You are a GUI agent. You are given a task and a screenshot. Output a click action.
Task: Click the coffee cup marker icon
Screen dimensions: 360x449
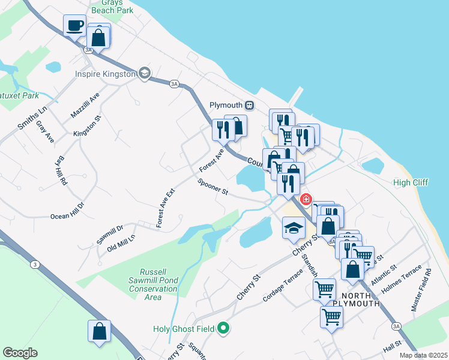[x=75, y=26]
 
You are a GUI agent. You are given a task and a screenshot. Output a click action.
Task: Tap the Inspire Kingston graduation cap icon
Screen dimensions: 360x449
[x=144, y=74]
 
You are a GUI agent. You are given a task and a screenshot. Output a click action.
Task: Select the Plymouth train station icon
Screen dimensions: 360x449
[x=250, y=105]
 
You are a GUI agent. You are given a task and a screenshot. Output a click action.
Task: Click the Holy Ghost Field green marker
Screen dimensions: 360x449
[x=223, y=328]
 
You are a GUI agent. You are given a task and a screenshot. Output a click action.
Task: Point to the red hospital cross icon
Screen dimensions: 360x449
[x=306, y=199]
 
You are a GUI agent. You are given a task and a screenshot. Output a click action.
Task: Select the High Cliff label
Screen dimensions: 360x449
[x=411, y=182]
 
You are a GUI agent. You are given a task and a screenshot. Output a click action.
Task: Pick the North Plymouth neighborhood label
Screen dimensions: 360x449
[x=360, y=299]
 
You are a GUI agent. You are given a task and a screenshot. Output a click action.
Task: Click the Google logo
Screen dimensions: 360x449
[x=20, y=353]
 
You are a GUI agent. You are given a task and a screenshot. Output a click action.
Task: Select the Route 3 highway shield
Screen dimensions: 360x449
[x=35, y=264]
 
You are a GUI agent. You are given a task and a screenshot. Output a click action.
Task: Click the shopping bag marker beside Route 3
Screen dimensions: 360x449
[x=99, y=331]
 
